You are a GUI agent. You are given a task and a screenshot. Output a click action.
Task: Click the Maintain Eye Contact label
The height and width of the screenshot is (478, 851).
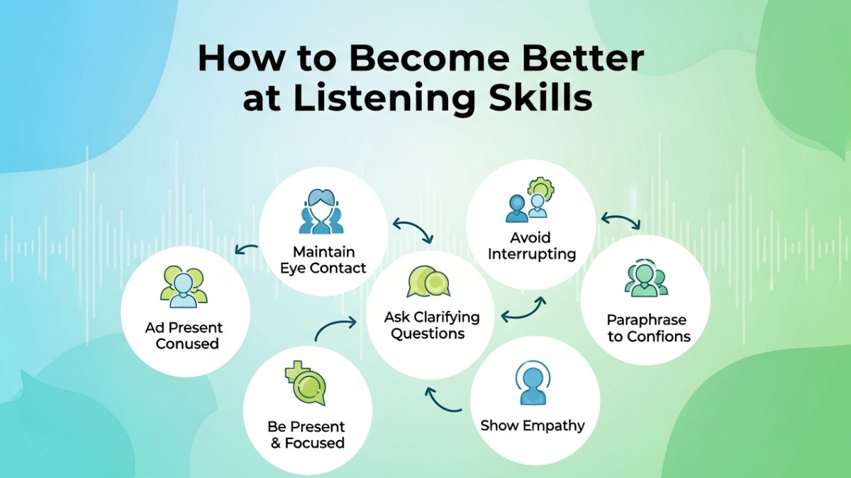click(x=323, y=260)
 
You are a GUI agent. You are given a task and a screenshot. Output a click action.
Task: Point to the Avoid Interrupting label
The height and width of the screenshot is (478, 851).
click(x=530, y=245)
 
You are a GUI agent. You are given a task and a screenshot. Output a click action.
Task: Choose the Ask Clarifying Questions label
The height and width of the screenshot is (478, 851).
click(x=431, y=325)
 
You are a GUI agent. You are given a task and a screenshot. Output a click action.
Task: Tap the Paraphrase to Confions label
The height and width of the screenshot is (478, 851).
click(x=647, y=329)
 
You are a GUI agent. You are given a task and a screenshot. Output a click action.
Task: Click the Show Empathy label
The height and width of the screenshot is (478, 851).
click(x=533, y=426)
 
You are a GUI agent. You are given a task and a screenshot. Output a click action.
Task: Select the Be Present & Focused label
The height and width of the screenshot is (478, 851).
click(x=306, y=435)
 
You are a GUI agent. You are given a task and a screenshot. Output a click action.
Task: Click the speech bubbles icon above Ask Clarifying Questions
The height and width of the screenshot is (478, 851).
click(x=428, y=281)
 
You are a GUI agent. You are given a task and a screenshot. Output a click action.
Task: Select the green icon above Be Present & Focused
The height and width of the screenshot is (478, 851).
click(x=306, y=382)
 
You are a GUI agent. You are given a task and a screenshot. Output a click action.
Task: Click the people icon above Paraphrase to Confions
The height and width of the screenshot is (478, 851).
click(x=645, y=280)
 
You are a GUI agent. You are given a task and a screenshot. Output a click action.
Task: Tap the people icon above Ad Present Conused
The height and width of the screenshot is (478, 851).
click(x=184, y=287)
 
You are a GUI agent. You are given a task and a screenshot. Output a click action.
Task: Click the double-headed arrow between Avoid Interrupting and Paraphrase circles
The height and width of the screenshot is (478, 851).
click(x=621, y=220)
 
